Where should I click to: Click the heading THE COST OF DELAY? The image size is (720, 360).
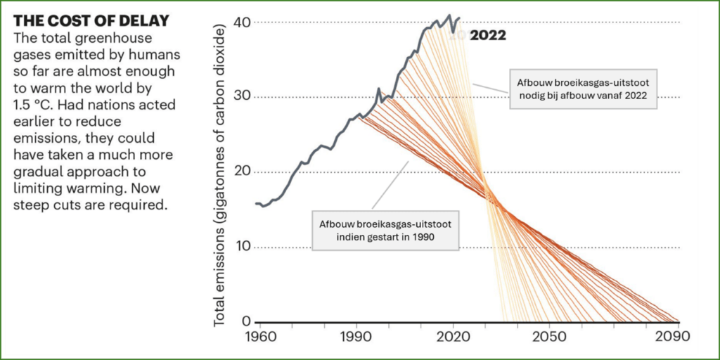click(x=91, y=20)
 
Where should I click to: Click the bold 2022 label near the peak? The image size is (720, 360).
click(x=488, y=35)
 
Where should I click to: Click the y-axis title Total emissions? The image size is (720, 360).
click(x=220, y=177)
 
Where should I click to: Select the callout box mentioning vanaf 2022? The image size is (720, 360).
click(x=583, y=89)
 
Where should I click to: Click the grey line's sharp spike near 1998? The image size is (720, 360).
click(x=379, y=89)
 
